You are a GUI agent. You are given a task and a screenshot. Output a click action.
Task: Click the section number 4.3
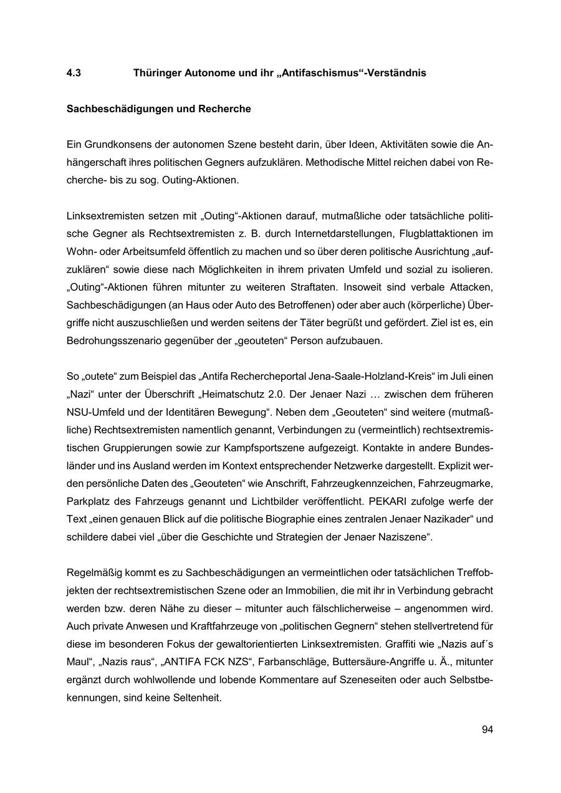point(74,73)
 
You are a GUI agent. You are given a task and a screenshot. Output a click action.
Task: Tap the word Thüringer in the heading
point(156,73)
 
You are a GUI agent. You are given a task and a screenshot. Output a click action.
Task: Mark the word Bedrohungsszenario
point(110,342)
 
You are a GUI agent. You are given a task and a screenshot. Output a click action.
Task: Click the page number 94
point(487,729)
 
